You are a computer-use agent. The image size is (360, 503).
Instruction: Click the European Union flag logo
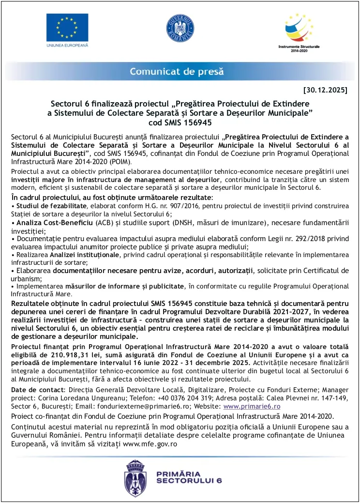67,27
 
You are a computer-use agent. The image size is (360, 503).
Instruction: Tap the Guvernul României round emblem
180,28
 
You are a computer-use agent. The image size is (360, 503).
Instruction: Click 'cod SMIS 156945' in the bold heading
180,122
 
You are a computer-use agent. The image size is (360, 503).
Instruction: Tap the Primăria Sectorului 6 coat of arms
136,476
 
